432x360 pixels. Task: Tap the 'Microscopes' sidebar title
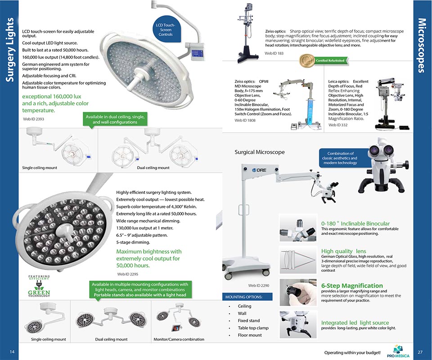click(422, 45)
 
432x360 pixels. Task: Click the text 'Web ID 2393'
click(33, 119)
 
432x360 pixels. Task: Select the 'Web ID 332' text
click(338, 125)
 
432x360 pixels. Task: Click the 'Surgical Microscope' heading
click(260, 152)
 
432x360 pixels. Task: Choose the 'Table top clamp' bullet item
click(253, 328)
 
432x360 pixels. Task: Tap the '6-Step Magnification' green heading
click(352, 286)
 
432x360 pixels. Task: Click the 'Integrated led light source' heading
click(355, 323)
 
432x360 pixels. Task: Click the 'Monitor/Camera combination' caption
click(179, 339)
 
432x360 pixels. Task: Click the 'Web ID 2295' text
click(128, 274)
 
